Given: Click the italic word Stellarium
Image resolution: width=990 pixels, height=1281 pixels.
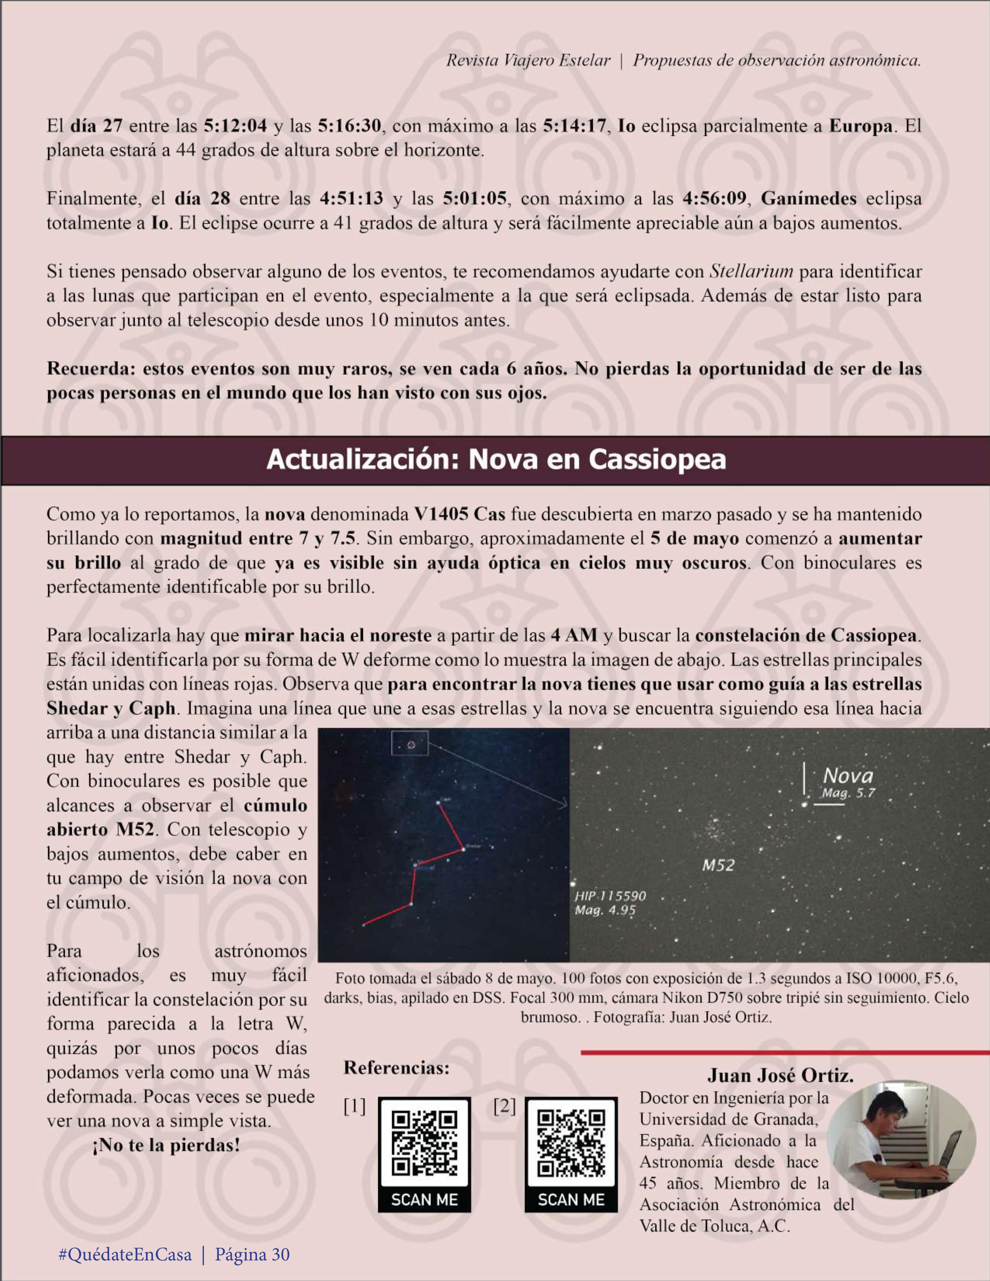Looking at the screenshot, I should click(x=751, y=272).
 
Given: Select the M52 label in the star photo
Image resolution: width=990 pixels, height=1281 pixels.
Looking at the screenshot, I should click(x=718, y=865).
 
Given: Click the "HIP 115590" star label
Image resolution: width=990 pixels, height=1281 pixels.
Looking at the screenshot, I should click(x=610, y=896).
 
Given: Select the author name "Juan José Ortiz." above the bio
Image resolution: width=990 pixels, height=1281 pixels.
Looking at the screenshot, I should click(x=780, y=1076).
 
